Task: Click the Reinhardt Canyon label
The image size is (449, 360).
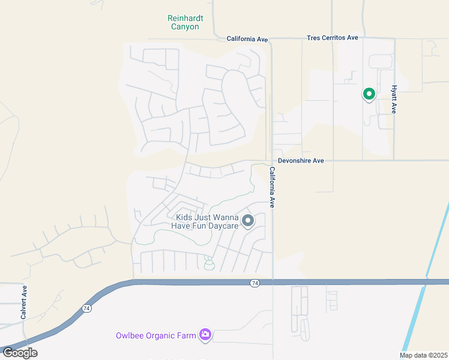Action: tap(185, 22)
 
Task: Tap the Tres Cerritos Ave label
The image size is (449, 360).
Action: tap(332, 38)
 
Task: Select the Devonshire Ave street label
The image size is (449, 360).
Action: tap(301, 161)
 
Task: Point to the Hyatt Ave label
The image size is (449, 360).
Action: tap(394, 99)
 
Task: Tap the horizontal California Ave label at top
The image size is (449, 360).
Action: tap(247, 39)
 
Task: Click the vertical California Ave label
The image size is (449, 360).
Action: tap(272, 187)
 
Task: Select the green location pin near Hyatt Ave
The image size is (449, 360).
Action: tap(369, 94)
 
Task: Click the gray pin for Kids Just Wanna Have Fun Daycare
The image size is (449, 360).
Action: tap(248, 221)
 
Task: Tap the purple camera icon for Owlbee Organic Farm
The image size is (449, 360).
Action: tap(205, 335)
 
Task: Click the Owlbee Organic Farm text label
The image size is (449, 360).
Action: tap(156, 335)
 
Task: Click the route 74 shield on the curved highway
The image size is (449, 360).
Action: tap(87, 308)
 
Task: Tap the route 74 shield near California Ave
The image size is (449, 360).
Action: tap(255, 283)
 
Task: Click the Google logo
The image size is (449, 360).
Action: tap(20, 352)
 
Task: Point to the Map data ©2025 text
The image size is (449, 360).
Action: tap(423, 355)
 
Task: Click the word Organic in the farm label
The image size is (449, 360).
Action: tap(158, 335)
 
